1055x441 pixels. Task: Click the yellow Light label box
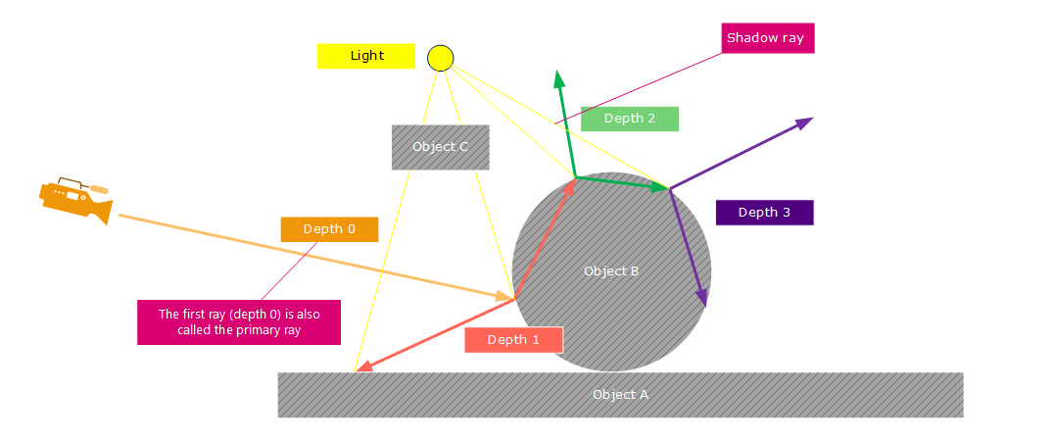366,56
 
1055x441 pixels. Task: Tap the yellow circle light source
441,58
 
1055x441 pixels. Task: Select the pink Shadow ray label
765,38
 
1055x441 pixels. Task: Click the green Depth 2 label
629,119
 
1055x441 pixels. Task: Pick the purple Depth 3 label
764,213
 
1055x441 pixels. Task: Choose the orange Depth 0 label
329,229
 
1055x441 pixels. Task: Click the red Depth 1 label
513,339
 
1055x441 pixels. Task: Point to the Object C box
440,147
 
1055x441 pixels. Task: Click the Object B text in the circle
611,270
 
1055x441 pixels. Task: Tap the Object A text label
620,394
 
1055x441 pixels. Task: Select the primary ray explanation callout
239,322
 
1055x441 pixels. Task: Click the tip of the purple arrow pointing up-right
812,119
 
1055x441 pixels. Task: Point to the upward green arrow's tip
558,73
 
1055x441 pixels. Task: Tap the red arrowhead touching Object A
359,369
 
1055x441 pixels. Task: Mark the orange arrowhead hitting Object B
509,296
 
